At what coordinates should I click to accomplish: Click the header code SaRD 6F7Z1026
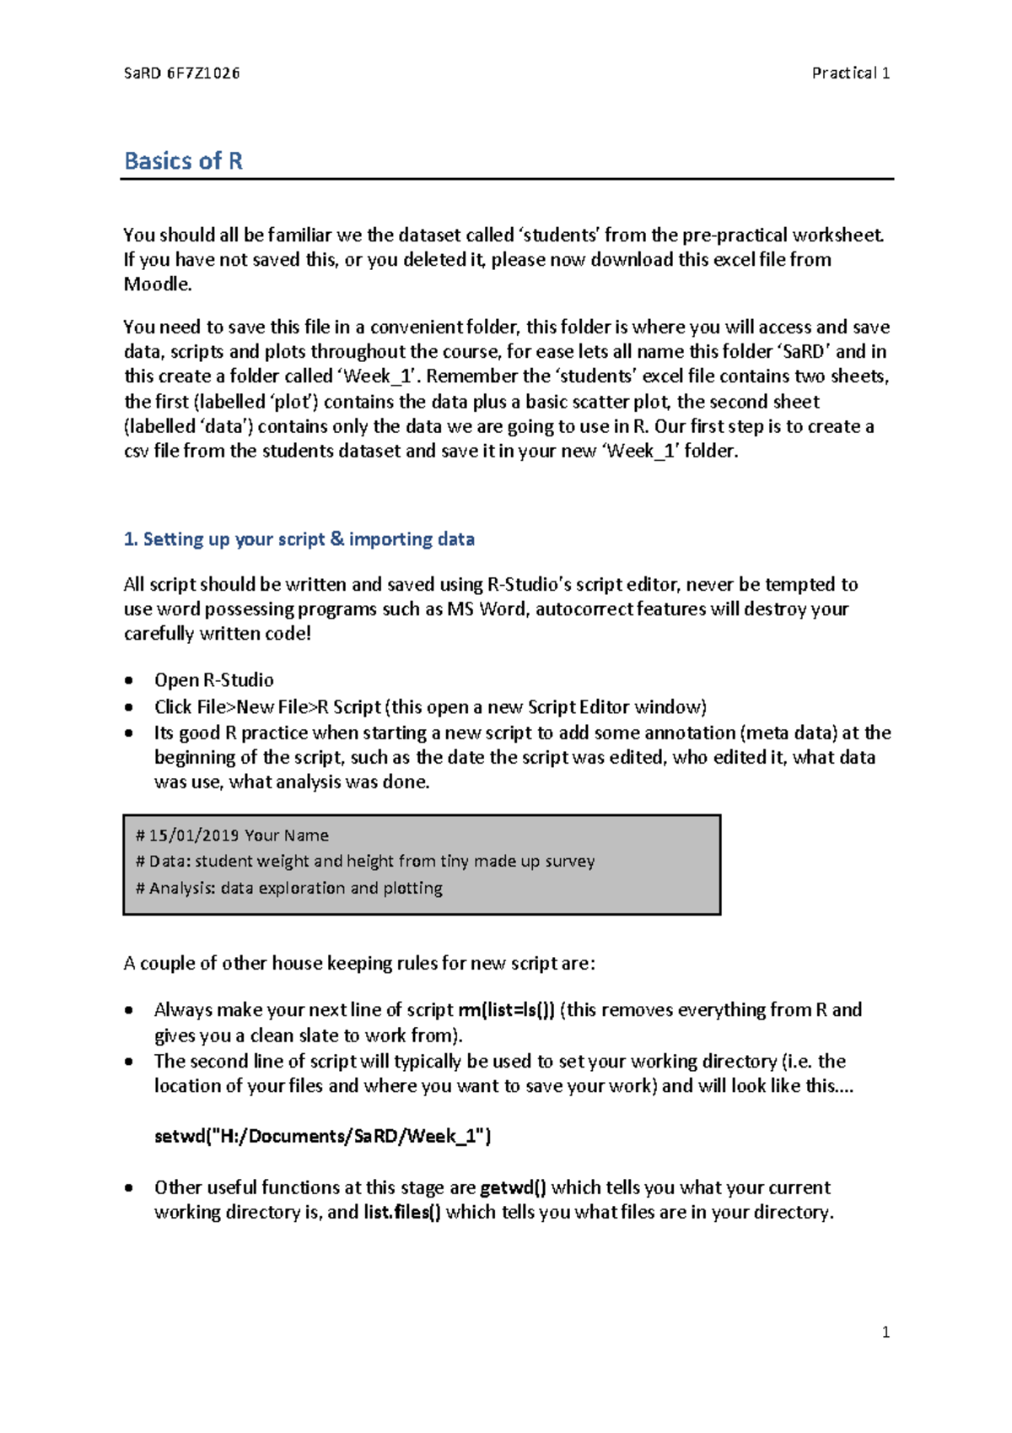point(182,73)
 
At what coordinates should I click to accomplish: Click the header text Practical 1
point(850,73)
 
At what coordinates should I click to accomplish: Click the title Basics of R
point(184,161)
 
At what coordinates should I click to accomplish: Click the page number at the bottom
point(885,1333)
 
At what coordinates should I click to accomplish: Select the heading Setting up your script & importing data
point(299,539)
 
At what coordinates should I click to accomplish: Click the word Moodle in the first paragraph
point(157,284)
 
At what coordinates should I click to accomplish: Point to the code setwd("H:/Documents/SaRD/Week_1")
point(322,1137)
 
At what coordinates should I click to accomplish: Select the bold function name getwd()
point(513,1188)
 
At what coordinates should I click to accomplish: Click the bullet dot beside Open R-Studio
point(129,680)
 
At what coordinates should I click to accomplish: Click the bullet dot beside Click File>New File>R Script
point(129,707)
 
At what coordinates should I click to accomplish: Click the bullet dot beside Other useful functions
point(129,1188)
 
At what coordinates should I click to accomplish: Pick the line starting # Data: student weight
point(365,862)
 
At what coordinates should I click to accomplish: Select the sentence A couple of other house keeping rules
point(359,964)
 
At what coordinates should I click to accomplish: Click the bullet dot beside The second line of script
point(129,1062)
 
